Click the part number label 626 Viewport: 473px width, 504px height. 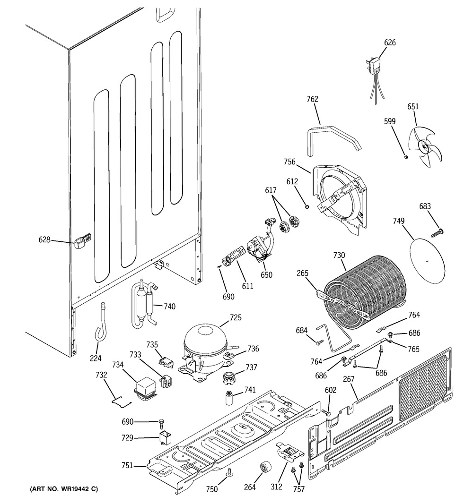click(390, 43)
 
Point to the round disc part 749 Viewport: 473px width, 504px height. click(427, 262)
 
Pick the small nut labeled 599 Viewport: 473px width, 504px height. click(406, 157)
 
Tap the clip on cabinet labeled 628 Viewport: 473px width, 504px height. click(83, 241)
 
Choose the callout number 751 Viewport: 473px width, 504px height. click(127, 465)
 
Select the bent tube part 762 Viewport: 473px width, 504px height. click(333, 140)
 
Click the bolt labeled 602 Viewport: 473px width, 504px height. click(326, 412)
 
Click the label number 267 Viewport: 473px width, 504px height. click(349, 379)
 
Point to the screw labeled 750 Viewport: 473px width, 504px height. click(229, 472)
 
